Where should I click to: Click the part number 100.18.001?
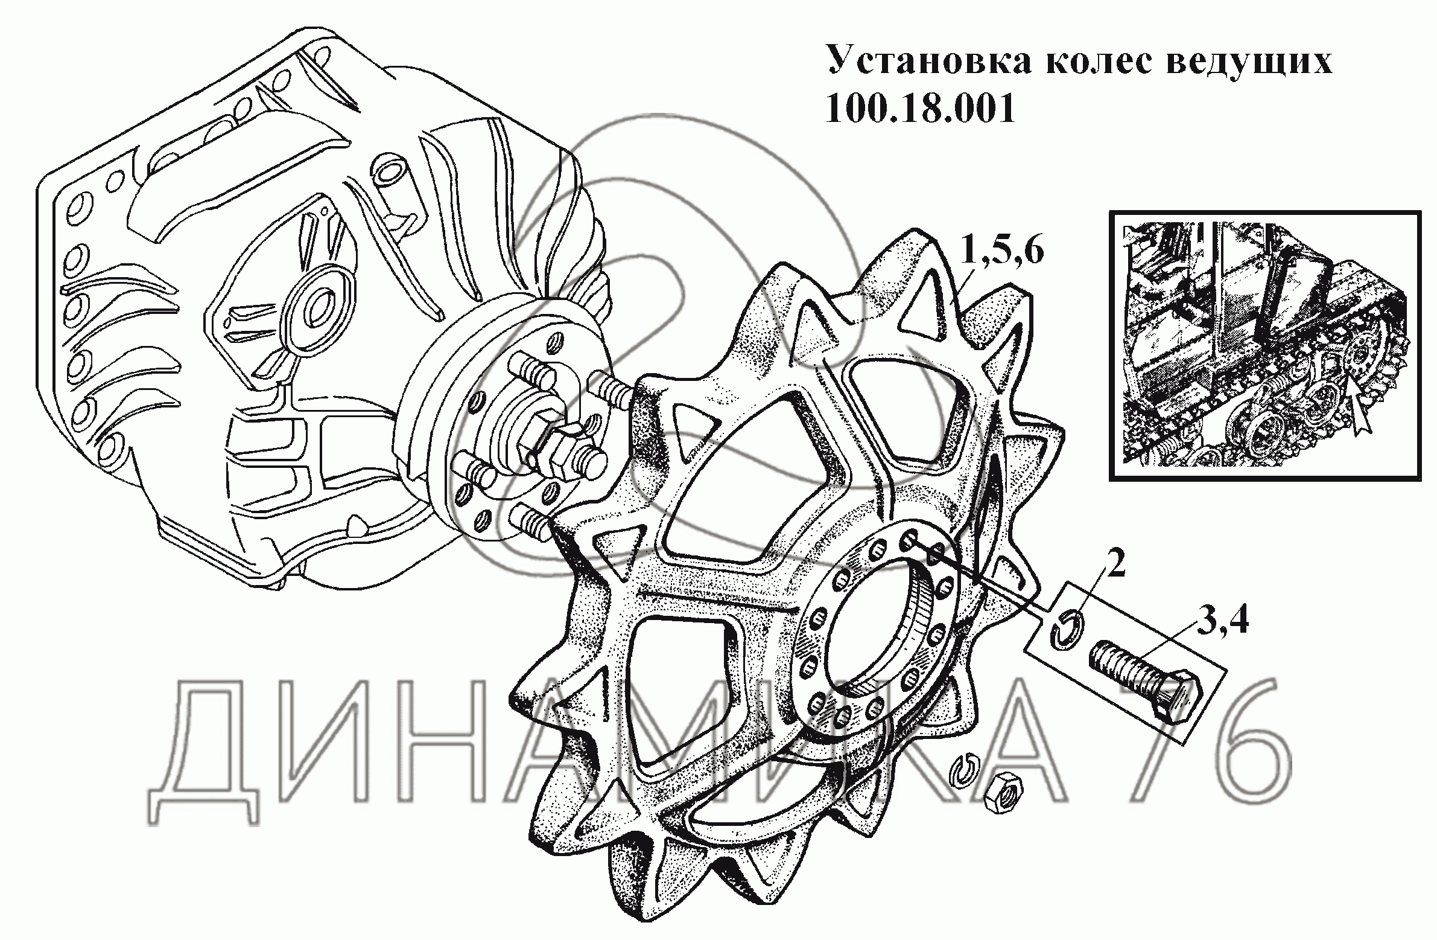click(920, 109)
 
